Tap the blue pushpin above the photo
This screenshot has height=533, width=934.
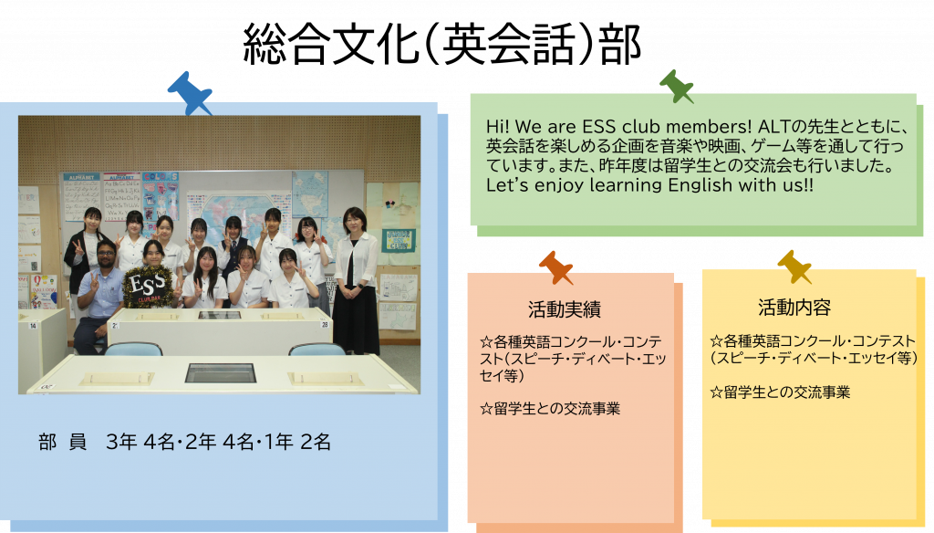tap(190, 93)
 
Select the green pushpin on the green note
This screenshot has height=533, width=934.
tap(677, 86)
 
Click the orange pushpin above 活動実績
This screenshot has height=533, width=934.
tap(555, 267)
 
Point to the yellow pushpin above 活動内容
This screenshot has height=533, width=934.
tap(794, 266)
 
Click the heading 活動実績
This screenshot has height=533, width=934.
tap(564, 309)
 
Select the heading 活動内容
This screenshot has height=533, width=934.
tap(794, 308)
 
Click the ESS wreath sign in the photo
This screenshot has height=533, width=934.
tap(148, 287)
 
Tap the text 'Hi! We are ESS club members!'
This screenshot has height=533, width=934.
tap(619, 126)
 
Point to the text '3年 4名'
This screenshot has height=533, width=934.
tap(140, 442)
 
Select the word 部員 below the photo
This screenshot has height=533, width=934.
tap(62, 442)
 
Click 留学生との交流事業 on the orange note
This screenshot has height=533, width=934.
tap(550, 408)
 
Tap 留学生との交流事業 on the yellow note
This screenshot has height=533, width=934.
tap(780, 392)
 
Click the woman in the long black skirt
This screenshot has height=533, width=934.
tap(357, 280)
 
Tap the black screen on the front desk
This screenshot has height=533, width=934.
tap(221, 373)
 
